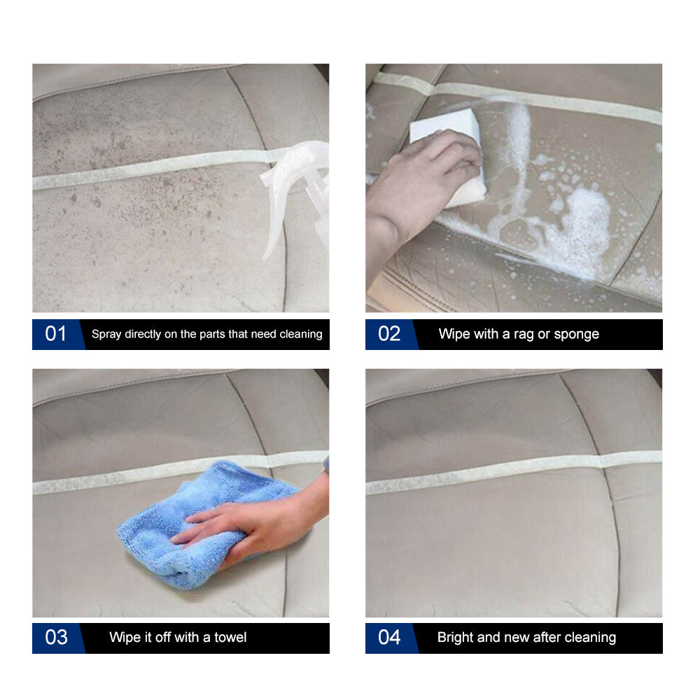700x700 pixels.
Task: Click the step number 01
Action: pos(56,334)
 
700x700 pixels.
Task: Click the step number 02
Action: pos(389,334)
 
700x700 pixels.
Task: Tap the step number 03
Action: pos(56,638)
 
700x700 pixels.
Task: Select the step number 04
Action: pos(389,638)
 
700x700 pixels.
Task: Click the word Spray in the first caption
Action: pos(106,335)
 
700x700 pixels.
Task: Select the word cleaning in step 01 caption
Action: pos(300,335)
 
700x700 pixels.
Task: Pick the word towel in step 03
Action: pos(230,638)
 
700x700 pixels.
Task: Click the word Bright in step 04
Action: pos(455,638)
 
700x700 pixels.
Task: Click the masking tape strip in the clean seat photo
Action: pos(490,472)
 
